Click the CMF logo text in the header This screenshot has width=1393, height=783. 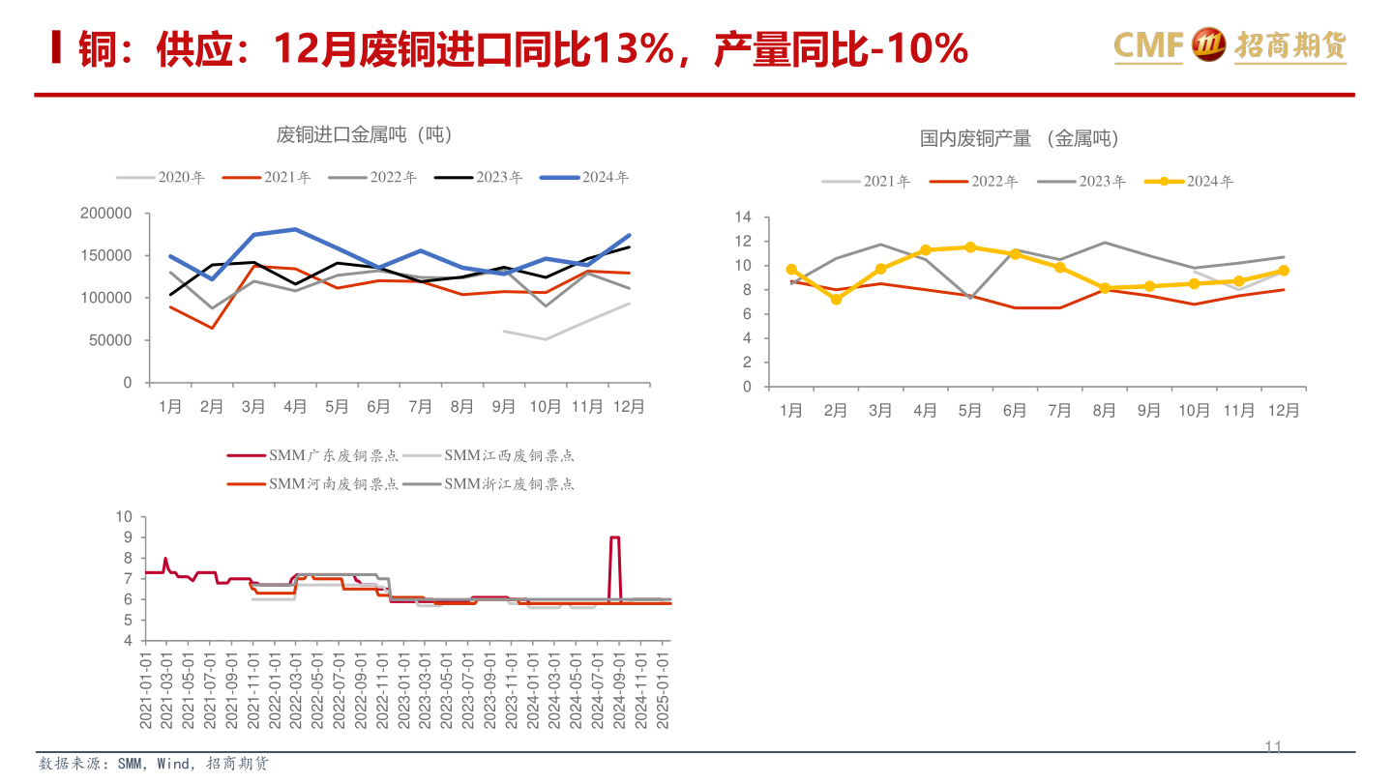tap(1148, 44)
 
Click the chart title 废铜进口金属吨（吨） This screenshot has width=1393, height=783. tap(365, 134)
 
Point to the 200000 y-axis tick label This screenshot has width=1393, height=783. tap(106, 214)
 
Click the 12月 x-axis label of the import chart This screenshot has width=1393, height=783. tap(629, 407)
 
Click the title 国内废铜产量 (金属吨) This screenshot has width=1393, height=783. tap(1020, 139)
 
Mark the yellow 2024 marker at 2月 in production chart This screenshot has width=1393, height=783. tap(836, 300)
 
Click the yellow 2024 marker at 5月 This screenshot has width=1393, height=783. tap(970, 247)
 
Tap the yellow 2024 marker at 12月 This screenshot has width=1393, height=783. tap(1284, 271)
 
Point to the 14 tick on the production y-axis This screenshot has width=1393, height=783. tap(743, 217)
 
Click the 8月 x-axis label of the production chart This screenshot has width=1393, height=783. tap(1104, 411)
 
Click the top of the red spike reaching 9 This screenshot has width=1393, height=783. tap(614, 537)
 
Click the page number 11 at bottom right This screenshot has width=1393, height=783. tap(1273, 747)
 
